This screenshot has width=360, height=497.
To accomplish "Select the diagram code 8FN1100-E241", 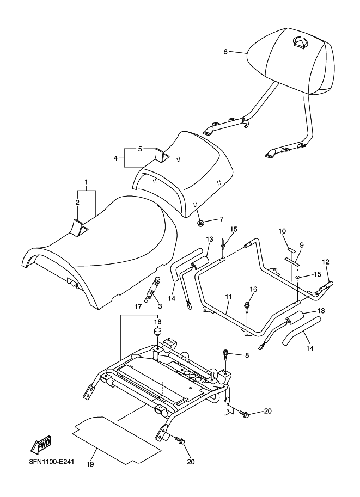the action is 51,462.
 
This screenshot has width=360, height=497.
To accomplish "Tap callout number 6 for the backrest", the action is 225,52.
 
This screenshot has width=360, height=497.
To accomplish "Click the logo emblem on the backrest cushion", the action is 300,42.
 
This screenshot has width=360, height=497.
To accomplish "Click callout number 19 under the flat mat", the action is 90,464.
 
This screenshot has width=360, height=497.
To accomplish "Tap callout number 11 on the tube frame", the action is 229,297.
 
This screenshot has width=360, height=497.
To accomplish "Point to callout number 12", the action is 326,262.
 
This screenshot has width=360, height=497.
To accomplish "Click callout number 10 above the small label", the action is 282,231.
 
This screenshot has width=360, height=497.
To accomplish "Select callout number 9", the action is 302,245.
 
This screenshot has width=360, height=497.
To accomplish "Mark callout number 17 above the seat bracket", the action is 138,307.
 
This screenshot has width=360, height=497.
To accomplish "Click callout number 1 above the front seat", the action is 86,182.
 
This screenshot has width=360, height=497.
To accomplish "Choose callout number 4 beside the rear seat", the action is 116,158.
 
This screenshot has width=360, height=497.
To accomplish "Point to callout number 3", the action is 160,306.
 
